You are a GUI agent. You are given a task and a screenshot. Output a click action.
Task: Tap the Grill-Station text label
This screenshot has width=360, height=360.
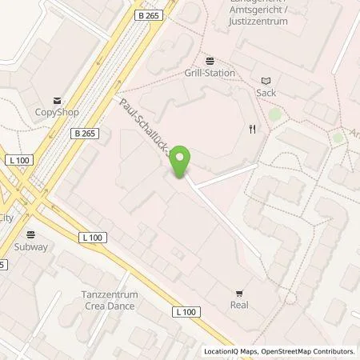click(x=210, y=73)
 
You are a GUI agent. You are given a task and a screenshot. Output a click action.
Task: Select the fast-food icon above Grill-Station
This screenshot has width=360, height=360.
click(x=210, y=60)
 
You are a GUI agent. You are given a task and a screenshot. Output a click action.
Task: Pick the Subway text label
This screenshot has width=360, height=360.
click(x=30, y=247)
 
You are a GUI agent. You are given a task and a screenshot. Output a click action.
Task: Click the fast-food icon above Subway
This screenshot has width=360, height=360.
click(x=30, y=234)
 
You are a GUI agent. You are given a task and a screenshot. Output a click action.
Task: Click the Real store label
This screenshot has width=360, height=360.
click(x=239, y=305)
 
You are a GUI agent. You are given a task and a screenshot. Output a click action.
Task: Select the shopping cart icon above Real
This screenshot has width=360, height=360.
click(x=239, y=293)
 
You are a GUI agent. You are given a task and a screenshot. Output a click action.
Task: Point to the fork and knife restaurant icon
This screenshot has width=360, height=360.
click(x=252, y=130)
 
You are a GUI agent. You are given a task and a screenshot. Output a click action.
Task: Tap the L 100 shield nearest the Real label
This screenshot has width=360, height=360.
click(x=186, y=311)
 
